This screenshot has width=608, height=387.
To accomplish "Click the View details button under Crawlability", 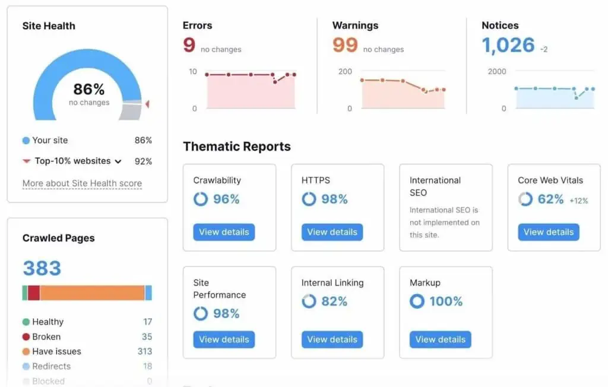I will point(224,232).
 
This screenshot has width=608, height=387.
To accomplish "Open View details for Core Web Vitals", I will point(548,232).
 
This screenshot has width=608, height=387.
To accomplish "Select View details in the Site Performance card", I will point(224,340).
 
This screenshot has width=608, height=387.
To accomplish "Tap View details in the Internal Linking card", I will point(332,340).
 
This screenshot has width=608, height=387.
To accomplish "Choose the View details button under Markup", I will point(440,340).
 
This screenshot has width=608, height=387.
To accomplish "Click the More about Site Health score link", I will point(82,183).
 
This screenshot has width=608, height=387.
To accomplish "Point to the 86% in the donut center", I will point(89,90).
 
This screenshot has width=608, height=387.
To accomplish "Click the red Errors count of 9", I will point(189,45).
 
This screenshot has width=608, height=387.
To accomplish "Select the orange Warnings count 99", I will point(345,45).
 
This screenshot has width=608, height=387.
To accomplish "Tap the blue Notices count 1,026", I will point(508,45).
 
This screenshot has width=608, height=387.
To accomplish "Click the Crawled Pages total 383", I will point(42,268).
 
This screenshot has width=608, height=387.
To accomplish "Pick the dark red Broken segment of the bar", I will point(34,293).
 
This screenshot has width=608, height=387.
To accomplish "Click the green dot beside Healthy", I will point(26,322).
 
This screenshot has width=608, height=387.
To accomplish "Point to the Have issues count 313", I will point(145,351).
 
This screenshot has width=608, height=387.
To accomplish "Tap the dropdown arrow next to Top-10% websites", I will point(118,161).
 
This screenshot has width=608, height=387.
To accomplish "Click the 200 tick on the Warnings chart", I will point(345,71).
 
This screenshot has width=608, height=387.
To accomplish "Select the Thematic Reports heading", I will point(237,147).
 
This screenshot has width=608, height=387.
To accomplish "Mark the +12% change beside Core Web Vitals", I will point(579,201).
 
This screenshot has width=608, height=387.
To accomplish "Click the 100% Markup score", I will point(446,302).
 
